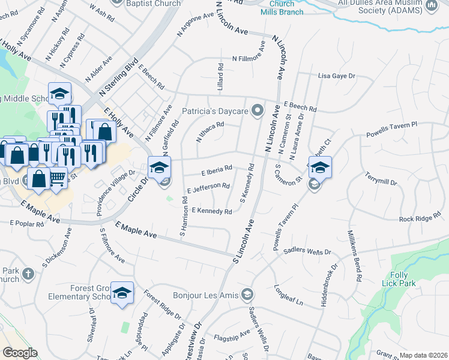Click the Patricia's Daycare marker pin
258,110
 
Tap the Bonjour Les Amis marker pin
247,294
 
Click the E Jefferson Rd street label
208,188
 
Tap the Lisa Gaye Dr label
337,76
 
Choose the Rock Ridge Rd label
420,218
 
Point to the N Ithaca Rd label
210,132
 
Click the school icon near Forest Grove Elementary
122,293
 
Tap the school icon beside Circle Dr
160,167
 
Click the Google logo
20,353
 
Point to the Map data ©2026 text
423,355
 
